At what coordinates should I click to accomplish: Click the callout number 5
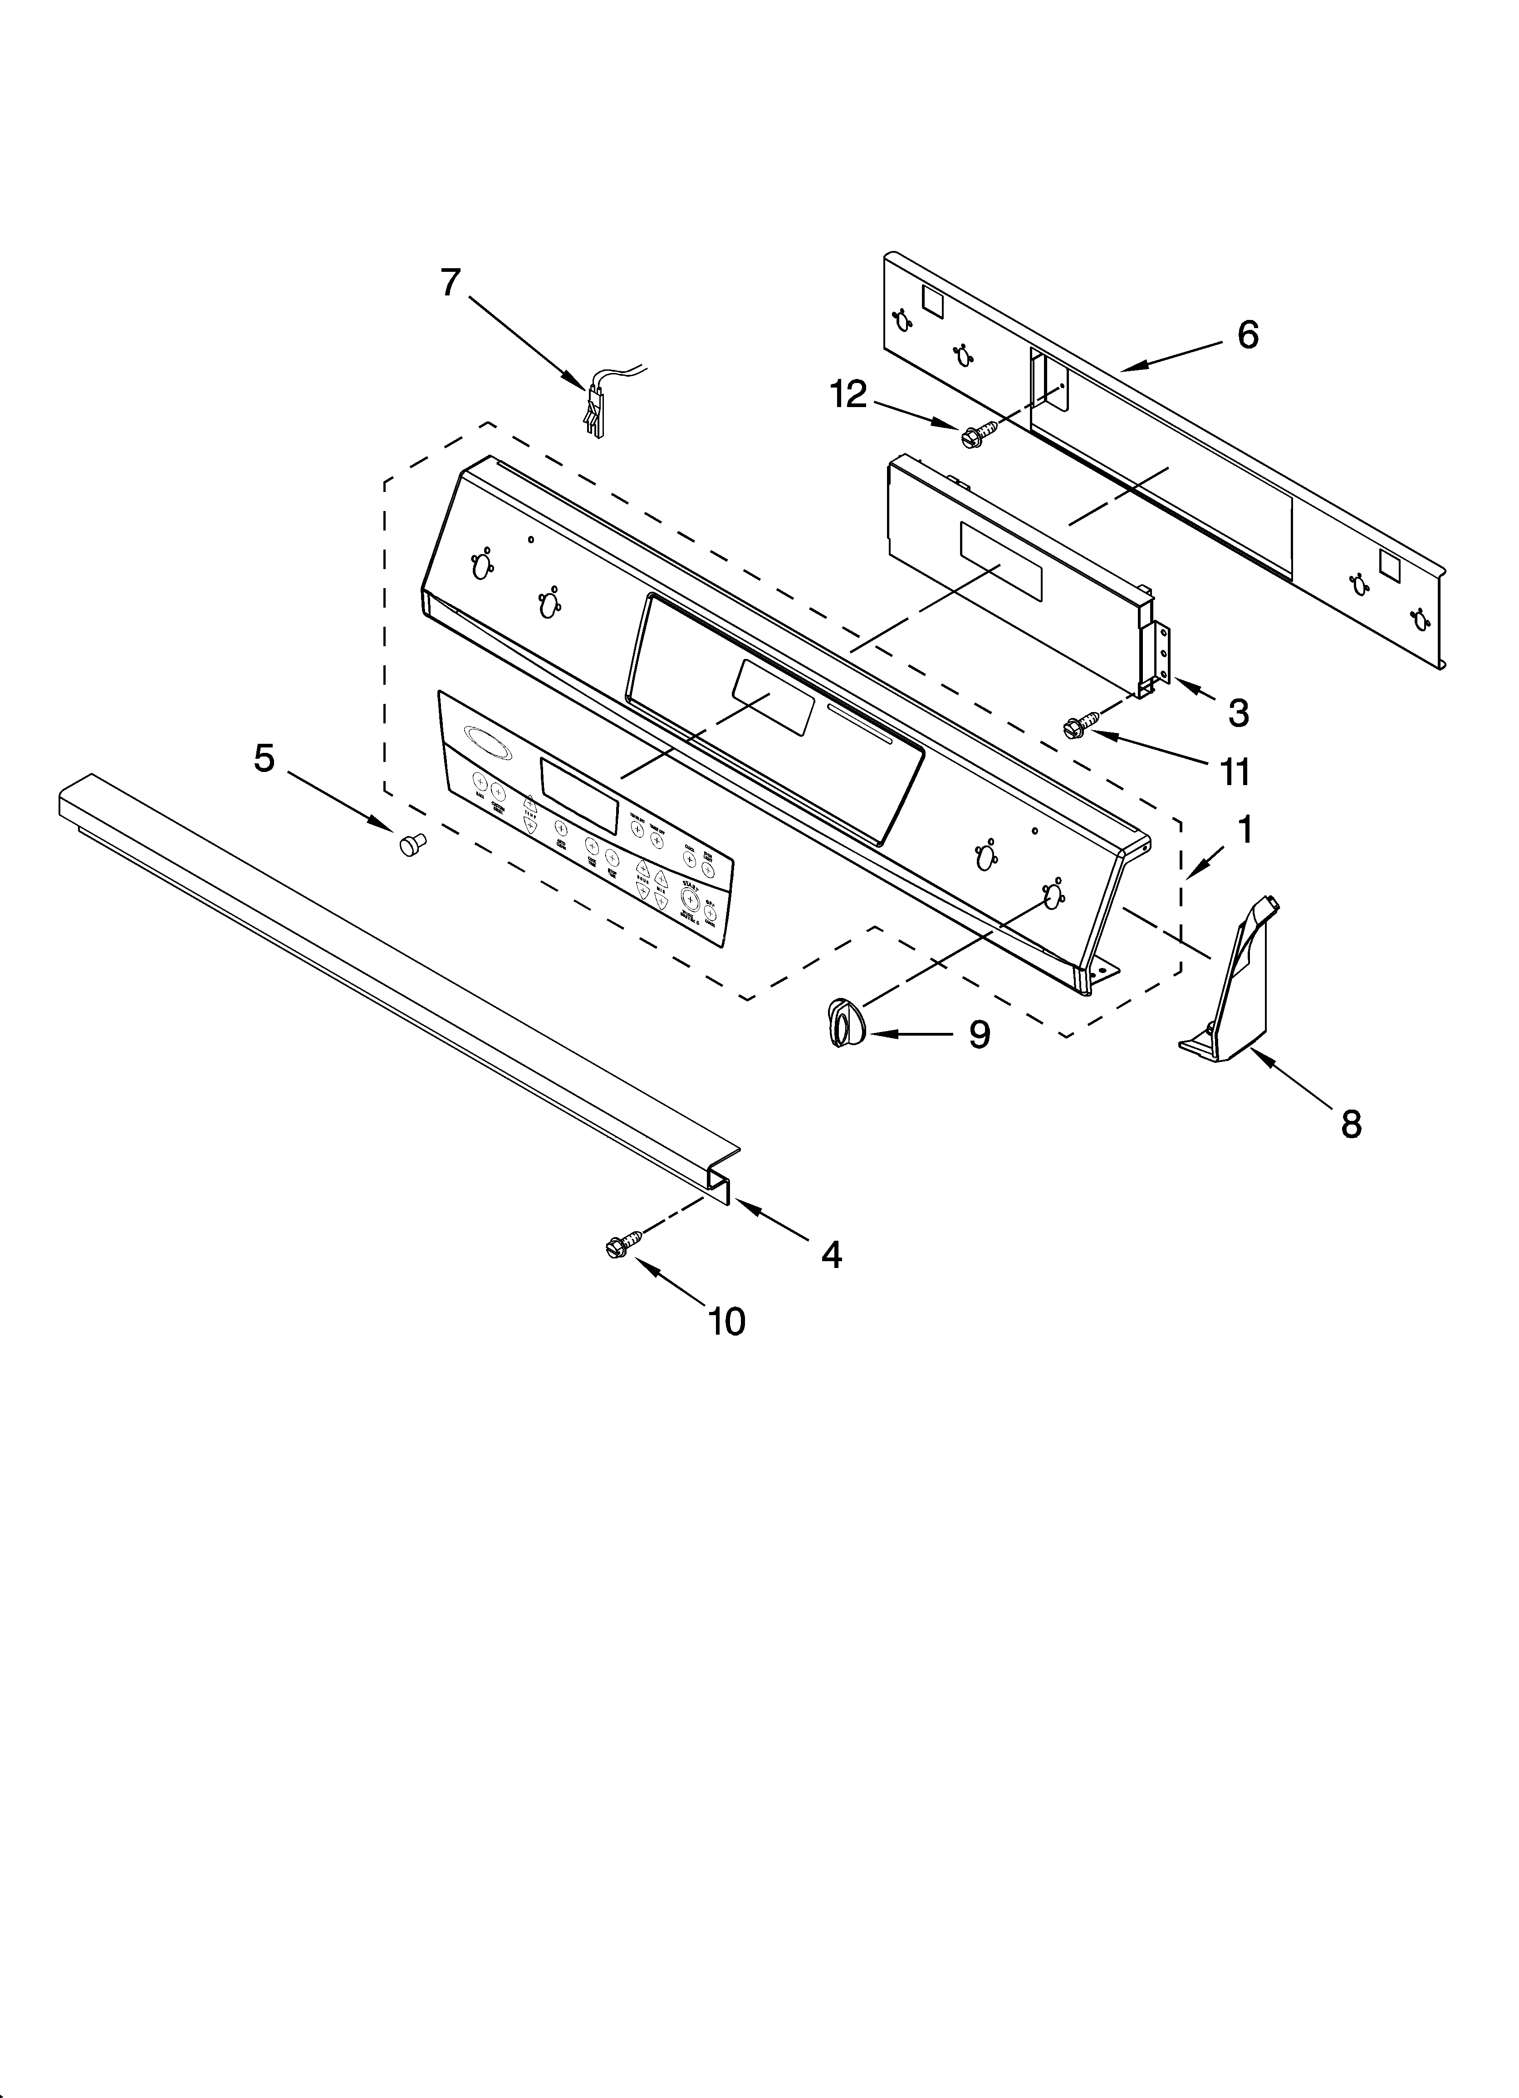(265, 758)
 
